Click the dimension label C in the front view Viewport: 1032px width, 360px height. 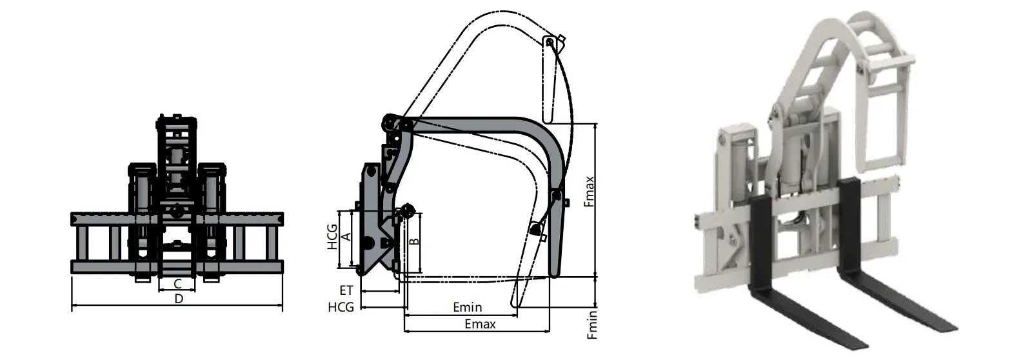coord(176,283)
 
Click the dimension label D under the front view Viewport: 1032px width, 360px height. coord(179,299)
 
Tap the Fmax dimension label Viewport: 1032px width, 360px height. coord(588,192)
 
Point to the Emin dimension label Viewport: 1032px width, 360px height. coord(467,308)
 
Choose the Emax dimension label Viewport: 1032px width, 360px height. coord(480,324)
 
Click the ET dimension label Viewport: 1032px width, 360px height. coord(346,292)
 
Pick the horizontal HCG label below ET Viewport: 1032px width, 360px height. coord(341,307)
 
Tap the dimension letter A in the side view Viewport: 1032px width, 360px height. coord(345,237)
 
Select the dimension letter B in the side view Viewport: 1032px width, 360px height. coord(415,241)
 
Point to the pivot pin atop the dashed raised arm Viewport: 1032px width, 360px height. coord(549,43)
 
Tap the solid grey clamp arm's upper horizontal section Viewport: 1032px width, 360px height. coord(477,126)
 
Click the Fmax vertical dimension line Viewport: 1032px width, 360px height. coord(596,200)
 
